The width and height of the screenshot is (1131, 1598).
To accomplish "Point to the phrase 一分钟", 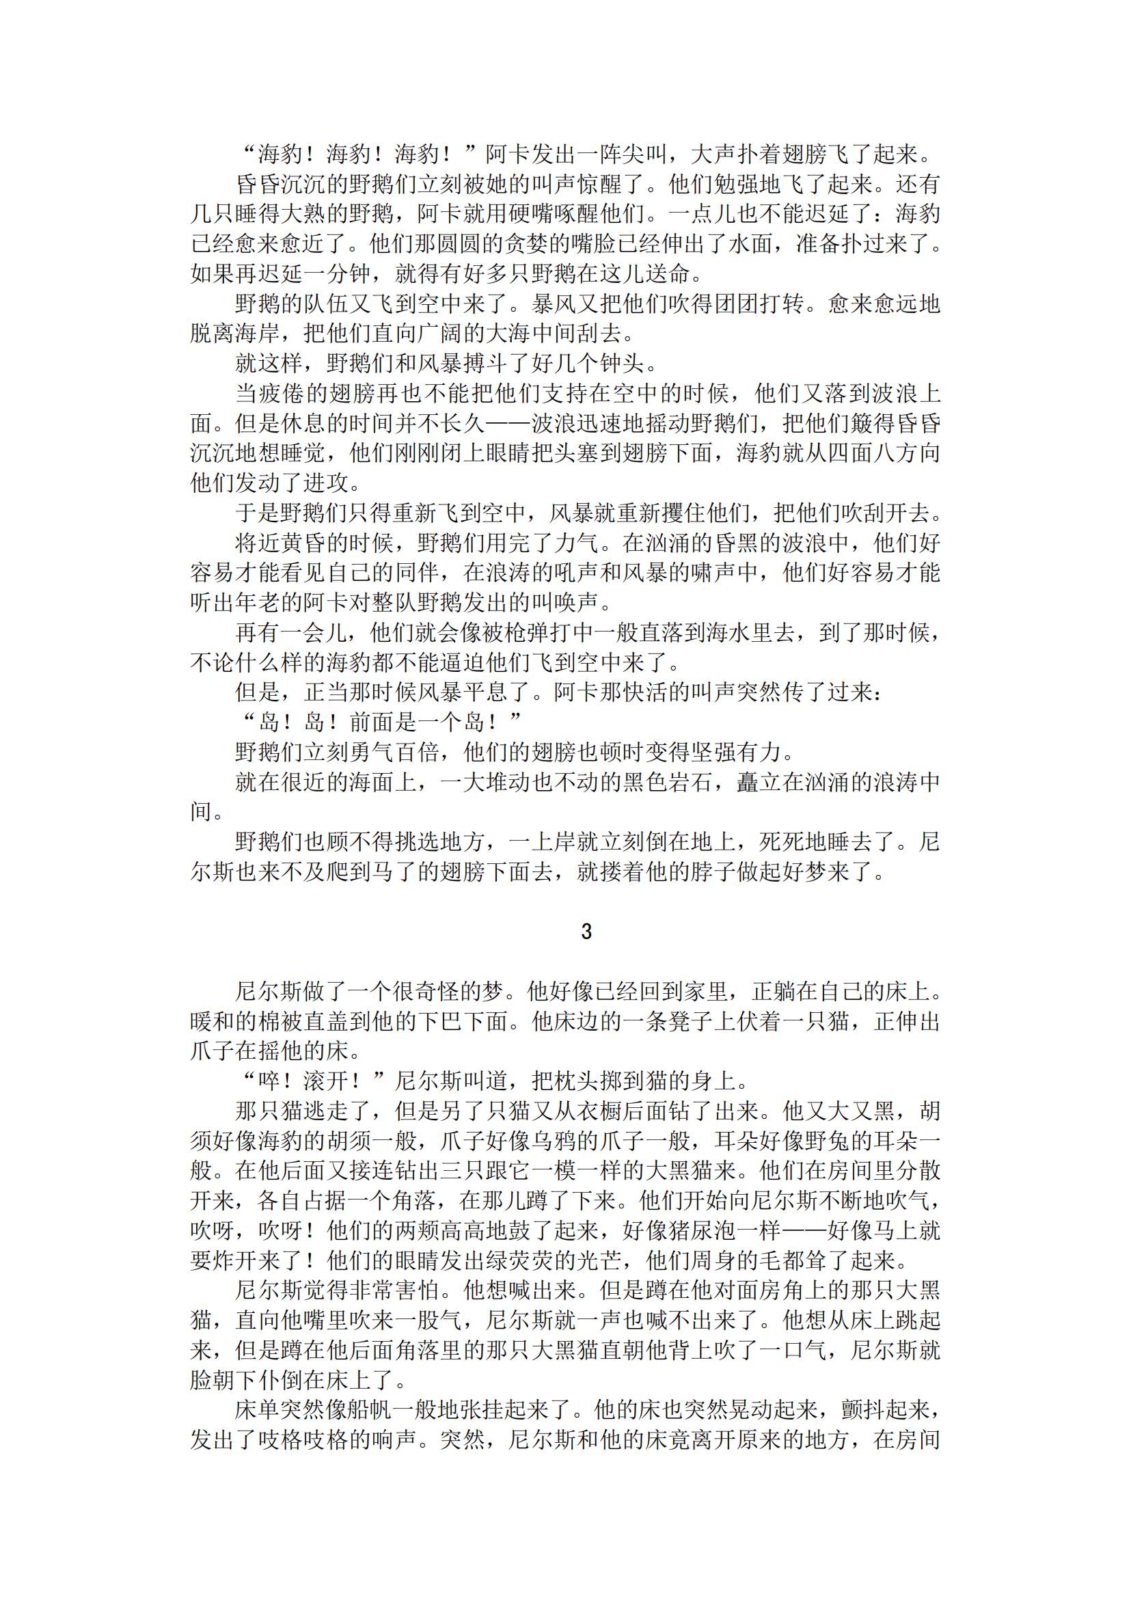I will pyautogui.click(x=336, y=274).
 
